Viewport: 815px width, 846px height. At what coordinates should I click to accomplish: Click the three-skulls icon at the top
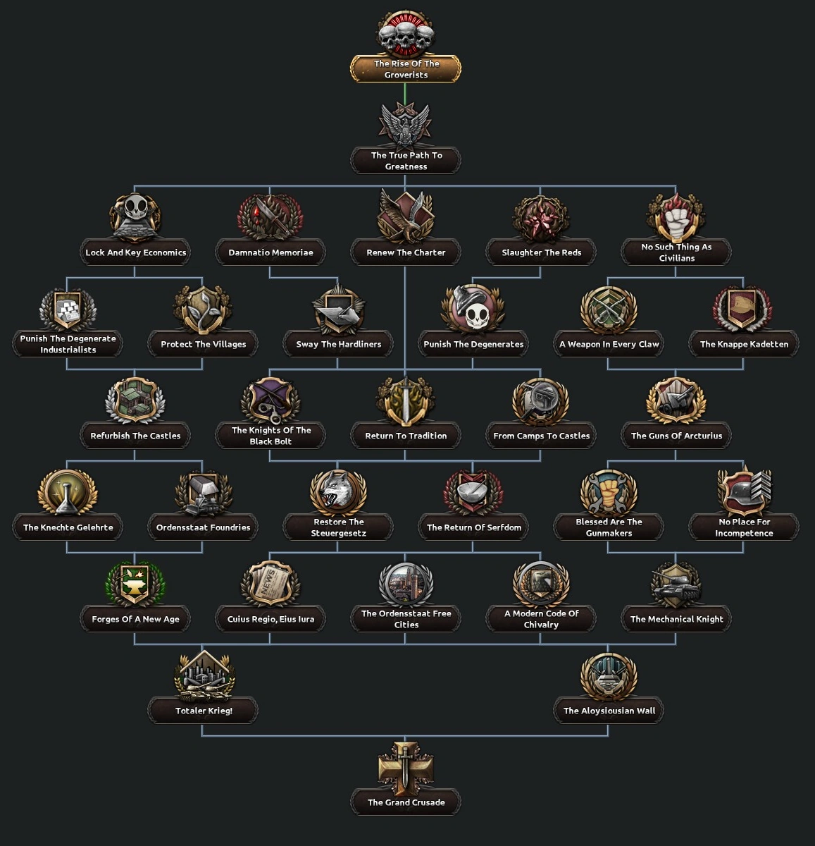coord(406,34)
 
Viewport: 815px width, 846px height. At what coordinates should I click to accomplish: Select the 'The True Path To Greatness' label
coord(406,161)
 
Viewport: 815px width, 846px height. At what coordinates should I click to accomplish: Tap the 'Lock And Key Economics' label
coord(135,252)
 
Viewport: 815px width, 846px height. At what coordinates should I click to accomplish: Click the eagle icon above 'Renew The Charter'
coord(405,216)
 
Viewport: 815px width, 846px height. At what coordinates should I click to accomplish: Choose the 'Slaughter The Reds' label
coord(541,252)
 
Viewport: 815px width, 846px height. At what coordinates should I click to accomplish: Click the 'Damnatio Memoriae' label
coord(270,252)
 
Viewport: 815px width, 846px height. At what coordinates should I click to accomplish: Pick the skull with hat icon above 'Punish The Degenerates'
coord(473,309)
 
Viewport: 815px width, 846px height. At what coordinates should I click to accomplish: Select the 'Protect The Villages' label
coord(203,344)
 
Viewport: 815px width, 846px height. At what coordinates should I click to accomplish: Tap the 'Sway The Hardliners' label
coord(338,344)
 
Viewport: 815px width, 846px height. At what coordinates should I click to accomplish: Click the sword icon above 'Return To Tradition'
coord(406,400)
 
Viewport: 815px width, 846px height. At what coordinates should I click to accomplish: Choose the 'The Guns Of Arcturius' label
coord(676,436)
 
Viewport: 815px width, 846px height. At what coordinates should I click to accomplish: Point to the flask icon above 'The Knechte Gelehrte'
coord(68,492)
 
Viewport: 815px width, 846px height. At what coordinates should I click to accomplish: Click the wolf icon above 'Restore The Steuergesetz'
coord(338,491)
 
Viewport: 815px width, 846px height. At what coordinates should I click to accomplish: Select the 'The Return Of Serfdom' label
coord(473,527)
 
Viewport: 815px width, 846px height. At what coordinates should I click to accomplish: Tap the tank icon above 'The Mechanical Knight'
coord(676,584)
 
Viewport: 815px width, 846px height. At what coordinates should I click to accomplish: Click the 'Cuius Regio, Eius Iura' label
coord(270,619)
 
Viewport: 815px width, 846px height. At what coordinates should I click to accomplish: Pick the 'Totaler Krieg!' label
coord(203,711)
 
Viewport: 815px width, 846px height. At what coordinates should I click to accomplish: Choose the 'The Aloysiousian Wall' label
coord(609,711)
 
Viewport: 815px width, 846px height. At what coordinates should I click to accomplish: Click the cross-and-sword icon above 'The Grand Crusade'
coord(406,767)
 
